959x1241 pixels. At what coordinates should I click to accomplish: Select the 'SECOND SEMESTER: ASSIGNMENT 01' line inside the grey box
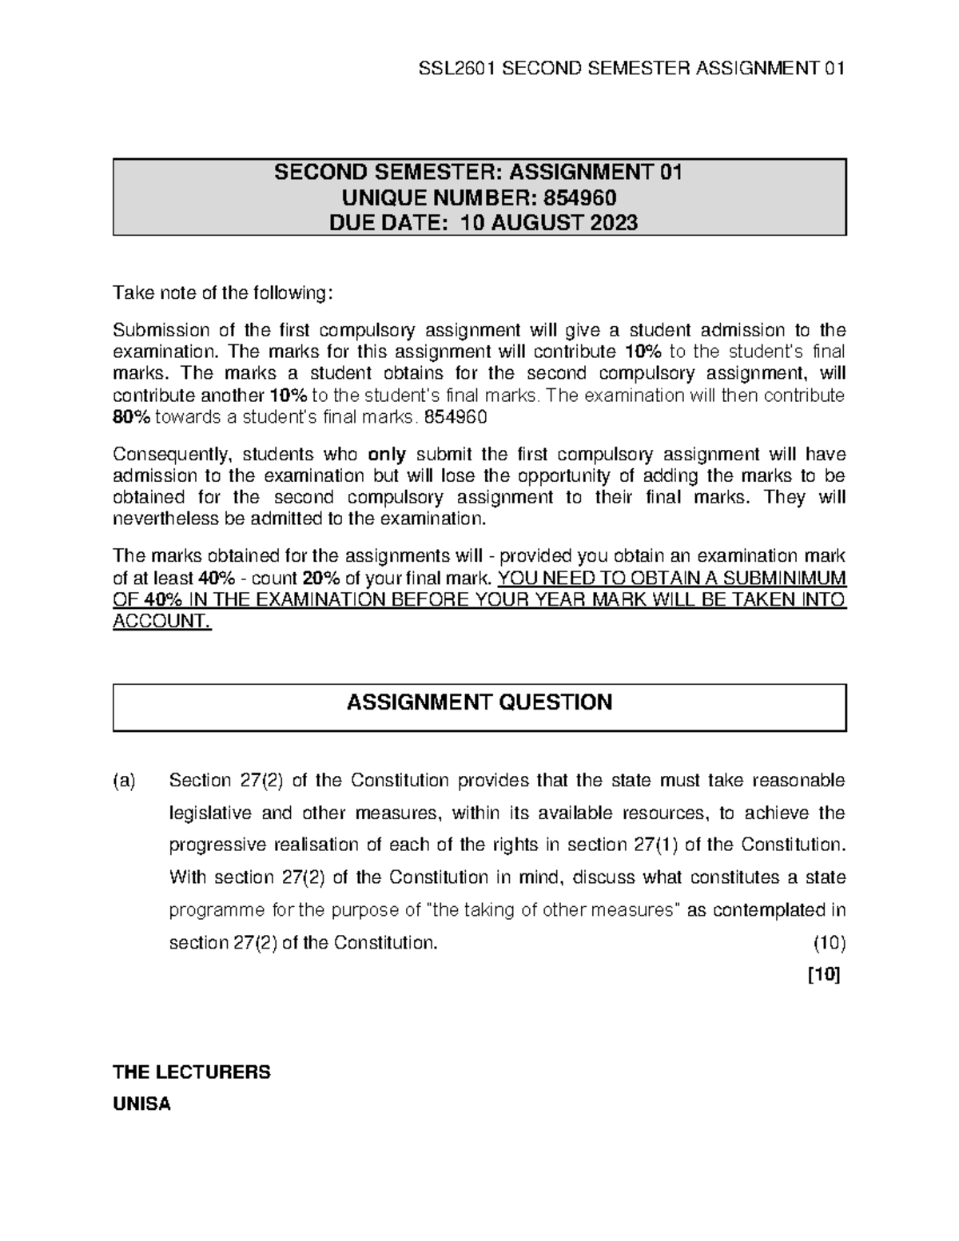pyautogui.click(x=479, y=173)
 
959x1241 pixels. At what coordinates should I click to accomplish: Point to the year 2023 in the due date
pyautogui.click(x=614, y=222)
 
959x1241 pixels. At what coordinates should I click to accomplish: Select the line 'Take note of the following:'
pyautogui.click(x=221, y=293)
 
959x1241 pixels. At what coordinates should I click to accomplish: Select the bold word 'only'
pyautogui.click(x=387, y=455)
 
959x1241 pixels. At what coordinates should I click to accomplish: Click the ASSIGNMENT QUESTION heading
pyautogui.click(x=479, y=702)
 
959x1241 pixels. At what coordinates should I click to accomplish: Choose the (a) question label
pyautogui.click(x=125, y=781)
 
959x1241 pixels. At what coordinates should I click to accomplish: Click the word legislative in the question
pyautogui.click(x=209, y=813)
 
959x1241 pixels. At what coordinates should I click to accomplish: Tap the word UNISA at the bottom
pyautogui.click(x=142, y=1105)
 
